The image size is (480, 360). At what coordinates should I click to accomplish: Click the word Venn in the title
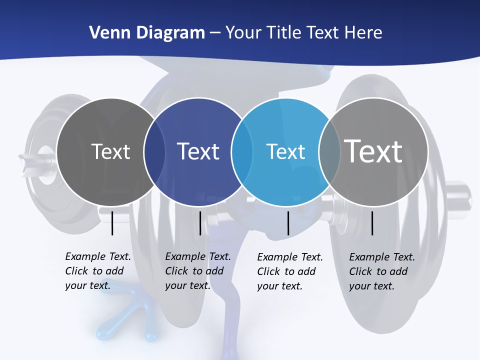(106, 33)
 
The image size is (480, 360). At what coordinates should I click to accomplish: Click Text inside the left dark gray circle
(110, 151)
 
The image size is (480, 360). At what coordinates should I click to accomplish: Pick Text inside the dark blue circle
(198, 151)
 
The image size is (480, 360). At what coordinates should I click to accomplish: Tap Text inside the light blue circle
(285, 151)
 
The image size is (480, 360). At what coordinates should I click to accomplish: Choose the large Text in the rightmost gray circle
(373, 151)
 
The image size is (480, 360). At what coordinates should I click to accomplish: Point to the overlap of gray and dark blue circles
(154, 152)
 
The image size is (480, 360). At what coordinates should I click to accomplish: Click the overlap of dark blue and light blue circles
(242, 152)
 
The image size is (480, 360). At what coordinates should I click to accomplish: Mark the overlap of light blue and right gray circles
(329, 152)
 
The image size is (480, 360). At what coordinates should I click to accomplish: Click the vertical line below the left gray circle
(112, 223)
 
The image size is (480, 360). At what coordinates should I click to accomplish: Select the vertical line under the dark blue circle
(200, 223)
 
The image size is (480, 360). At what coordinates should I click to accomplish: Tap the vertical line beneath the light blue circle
(288, 223)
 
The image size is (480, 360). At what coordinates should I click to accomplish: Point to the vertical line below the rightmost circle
(372, 223)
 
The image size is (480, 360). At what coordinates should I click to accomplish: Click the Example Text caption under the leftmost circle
(98, 271)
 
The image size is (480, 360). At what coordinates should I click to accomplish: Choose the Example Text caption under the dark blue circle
(198, 271)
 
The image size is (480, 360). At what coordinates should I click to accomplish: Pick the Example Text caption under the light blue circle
(290, 271)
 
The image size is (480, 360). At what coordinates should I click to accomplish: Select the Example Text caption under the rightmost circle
(382, 271)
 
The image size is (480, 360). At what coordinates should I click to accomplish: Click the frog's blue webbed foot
(122, 320)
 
